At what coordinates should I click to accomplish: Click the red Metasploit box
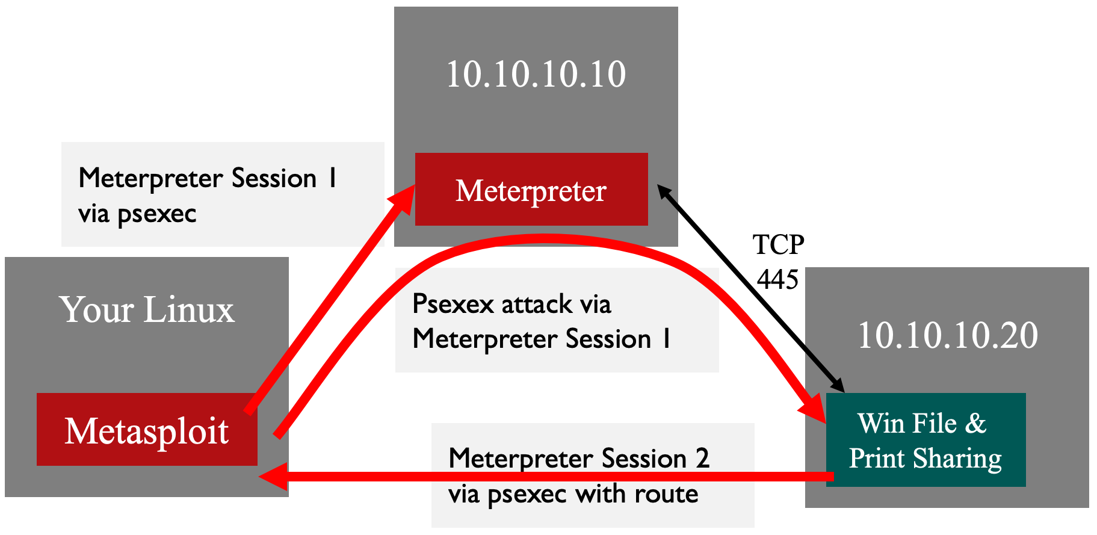pos(147,430)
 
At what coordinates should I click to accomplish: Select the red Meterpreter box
pos(531,190)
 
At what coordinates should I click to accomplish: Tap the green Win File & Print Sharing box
pos(925,441)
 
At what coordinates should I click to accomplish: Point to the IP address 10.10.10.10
pos(536,75)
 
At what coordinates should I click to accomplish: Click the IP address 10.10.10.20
pos(947,335)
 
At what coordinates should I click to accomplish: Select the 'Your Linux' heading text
pos(147,309)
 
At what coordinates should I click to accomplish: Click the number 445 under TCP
pos(777,279)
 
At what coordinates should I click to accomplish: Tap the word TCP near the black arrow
pos(778,245)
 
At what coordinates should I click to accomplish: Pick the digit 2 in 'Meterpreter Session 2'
pos(702,459)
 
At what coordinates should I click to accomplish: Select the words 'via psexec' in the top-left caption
pos(137,214)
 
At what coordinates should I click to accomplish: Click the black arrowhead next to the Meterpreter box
pos(664,191)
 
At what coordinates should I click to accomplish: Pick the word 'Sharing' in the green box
pos(957,459)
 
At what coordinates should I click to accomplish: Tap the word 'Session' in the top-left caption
pos(274,179)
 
